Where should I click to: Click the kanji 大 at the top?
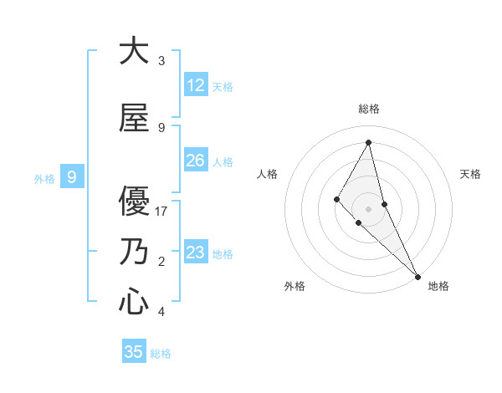[x=134, y=52]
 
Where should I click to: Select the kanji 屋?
[x=134, y=119]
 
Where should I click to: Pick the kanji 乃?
[x=134, y=252]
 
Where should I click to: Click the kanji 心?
[x=134, y=301]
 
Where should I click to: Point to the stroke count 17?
[x=161, y=212]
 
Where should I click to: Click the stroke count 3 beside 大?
[x=161, y=61]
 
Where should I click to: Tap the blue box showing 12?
[x=196, y=85]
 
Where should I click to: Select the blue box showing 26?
[x=196, y=161]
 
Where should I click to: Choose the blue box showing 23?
[x=196, y=253]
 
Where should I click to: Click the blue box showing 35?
[x=134, y=352]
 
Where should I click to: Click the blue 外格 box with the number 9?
[x=72, y=177]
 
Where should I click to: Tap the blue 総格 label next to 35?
[x=161, y=354]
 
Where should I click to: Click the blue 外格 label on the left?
[x=44, y=178]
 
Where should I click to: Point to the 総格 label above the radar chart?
[x=369, y=109]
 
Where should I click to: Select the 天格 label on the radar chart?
[x=470, y=174]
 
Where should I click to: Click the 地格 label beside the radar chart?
[x=438, y=286]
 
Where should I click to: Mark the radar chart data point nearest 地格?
[x=417, y=275]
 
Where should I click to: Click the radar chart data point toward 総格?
[x=368, y=142]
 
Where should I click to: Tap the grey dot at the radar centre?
[x=368, y=208]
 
